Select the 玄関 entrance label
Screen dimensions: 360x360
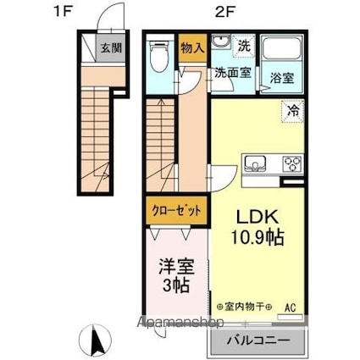pos(112,47)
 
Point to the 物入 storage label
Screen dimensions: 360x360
pos(192,48)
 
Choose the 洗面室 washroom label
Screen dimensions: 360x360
pos(230,74)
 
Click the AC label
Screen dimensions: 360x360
pos(291,307)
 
